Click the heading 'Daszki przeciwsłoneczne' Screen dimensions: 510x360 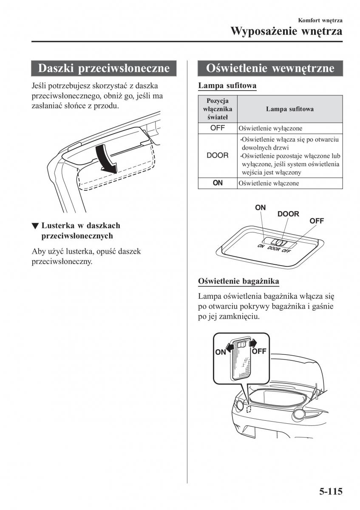104,68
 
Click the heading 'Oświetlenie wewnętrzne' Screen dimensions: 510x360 270,68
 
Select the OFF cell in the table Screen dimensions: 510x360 217,127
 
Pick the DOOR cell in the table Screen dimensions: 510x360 217,156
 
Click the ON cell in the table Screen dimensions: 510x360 217,183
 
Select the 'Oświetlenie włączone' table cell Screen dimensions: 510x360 269,183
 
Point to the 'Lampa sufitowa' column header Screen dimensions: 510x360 289,109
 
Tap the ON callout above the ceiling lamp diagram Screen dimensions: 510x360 261,207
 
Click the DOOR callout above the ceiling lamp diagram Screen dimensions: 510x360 288,214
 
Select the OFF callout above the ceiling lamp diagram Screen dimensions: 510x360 317,221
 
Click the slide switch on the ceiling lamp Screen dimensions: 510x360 280,243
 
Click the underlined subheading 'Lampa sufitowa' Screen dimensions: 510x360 227,85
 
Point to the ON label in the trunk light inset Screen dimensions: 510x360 221,352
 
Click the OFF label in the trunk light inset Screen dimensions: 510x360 259,351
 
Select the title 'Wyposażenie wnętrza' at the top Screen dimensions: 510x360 286,31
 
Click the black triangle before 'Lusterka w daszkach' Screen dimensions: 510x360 36,226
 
